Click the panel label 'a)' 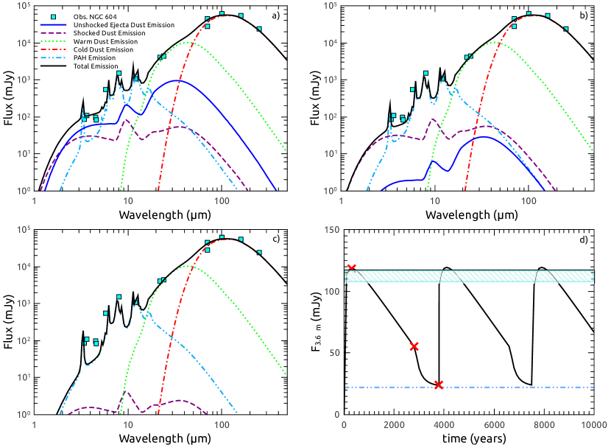pyautogui.click(x=275, y=16)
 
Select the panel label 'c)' pyautogui.click(x=275, y=239)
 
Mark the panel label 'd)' pyautogui.click(x=582, y=239)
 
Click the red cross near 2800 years pyautogui.click(x=414, y=346)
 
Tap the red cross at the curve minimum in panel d pyautogui.click(x=439, y=385)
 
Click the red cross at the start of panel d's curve pyautogui.click(x=351, y=268)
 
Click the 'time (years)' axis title pyautogui.click(x=468, y=437)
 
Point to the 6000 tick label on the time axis pyautogui.click(x=493, y=424)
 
